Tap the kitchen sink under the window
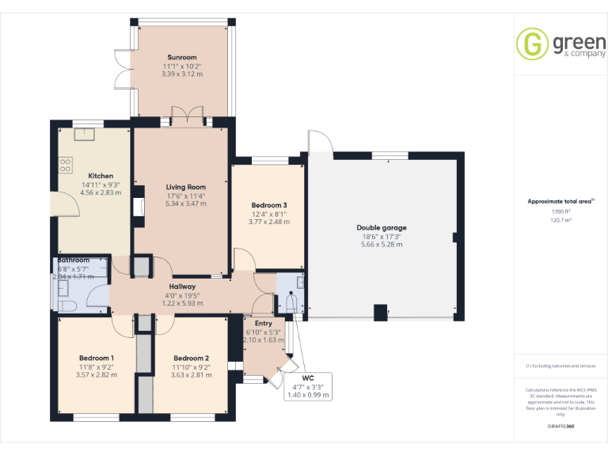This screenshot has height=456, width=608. pyautogui.click(x=84, y=133)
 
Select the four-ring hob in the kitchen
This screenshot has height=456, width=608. pyautogui.click(x=64, y=165)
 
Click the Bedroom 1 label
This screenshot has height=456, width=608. pyautogui.click(x=96, y=358)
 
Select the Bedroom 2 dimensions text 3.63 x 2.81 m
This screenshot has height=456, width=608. pyautogui.click(x=191, y=374)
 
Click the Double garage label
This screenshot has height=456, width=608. pyautogui.click(x=382, y=228)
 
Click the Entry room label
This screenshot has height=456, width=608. pyautogui.click(x=263, y=323)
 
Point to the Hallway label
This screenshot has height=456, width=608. pyautogui.click(x=182, y=287)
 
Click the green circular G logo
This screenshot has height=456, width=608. pyautogui.click(x=532, y=44)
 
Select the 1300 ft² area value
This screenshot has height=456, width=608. pyautogui.click(x=560, y=211)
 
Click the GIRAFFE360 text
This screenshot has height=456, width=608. pyautogui.click(x=560, y=427)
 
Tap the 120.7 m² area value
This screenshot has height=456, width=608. pyautogui.click(x=560, y=221)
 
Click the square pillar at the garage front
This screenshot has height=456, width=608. pyautogui.click(x=381, y=312)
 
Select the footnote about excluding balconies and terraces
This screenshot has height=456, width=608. pyautogui.click(x=560, y=366)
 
